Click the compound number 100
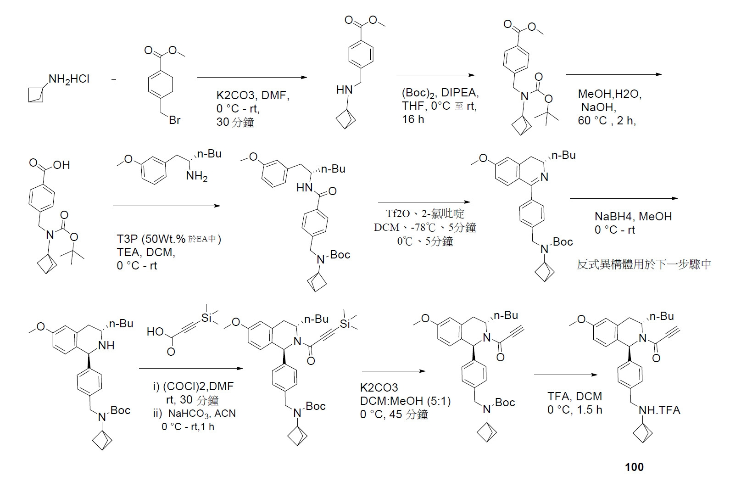(634, 467)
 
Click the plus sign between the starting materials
(114, 79)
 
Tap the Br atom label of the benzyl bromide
(175, 120)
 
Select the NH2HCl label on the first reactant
(69, 79)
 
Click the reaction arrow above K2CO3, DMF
(252, 77)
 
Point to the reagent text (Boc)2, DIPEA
(440, 93)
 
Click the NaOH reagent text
(598, 107)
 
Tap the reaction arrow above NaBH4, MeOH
(624, 198)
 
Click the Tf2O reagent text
(398, 213)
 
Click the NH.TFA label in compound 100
(659, 410)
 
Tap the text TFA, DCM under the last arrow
(574, 396)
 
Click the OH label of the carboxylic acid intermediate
(61, 165)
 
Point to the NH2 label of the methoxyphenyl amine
(197, 176)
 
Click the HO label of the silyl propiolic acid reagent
(155, 331)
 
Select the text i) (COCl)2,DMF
(193, 386)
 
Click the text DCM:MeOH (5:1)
(406, 401)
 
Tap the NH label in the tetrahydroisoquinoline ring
(106, 346)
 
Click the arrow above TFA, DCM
(565, 375)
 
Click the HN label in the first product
(345, 90)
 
